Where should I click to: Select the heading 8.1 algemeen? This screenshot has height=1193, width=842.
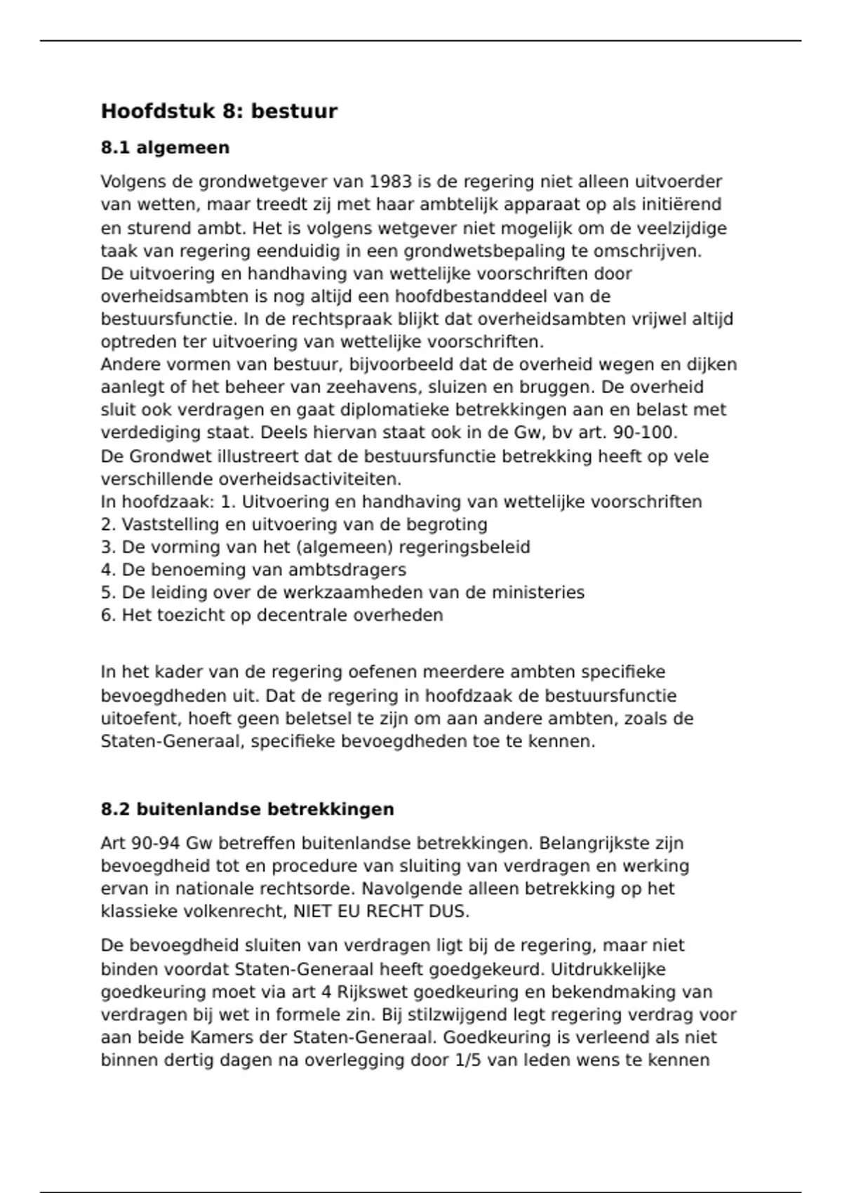[165, 148]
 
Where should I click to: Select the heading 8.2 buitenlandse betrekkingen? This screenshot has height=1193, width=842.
[247, 809]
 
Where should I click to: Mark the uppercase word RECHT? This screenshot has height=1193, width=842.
[393, 912]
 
